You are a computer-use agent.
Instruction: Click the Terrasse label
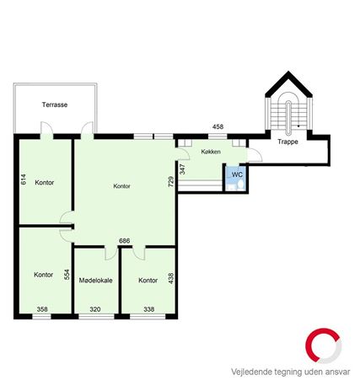click(55, 105)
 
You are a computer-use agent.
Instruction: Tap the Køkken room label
click(211, 152)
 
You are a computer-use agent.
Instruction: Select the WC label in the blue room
click(237, 174)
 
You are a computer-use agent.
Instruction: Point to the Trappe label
click(287, 142)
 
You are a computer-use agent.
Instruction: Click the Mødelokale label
click(96, 281)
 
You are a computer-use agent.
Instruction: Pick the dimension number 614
click(24, 180)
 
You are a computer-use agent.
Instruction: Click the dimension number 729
click(170, 181)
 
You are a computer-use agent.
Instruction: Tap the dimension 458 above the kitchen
click(218, 126)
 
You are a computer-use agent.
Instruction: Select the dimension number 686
click(125, 241)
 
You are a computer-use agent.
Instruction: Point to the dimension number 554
click(67, 275)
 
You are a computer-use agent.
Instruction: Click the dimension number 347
click(182, 169)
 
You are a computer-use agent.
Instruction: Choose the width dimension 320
click(95, 309)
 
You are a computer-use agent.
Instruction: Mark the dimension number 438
click(170, 278)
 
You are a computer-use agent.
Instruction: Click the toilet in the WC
click(241, 185)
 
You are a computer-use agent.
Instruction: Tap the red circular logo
click(323, 346)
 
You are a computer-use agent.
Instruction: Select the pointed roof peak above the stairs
click(288, 72)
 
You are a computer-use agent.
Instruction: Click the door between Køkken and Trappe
click(255, 155)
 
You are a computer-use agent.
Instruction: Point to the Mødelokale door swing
click(110, 254)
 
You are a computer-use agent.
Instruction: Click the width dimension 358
click(42, 309)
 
